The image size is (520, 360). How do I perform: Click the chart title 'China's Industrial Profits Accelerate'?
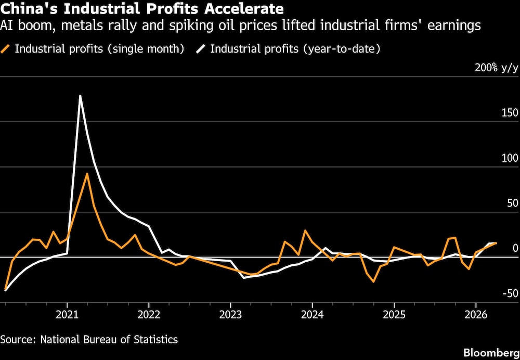click(x=142, y=9)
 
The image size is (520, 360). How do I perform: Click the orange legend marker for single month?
click(x=6, y=49)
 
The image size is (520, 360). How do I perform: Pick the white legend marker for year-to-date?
click(x=201, y=49)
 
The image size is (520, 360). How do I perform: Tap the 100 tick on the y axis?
click(x=509, y=158)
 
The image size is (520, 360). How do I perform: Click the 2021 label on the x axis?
click(x=67, y=316)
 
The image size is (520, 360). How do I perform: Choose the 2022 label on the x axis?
click(x=149, y=316)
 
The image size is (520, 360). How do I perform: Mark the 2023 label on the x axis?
click(x=230, y=316)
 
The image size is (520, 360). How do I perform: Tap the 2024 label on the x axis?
click(x=312, y=316)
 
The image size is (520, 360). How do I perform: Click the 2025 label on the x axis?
click(x=394, y=316)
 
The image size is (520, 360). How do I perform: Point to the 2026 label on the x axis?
click(x=475, y=316)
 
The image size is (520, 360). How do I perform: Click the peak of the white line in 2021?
click(x=80, y=96)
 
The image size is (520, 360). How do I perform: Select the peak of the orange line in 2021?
click(x=87, y=173)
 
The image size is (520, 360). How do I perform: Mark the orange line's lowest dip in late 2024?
click(x=373, y=281)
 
